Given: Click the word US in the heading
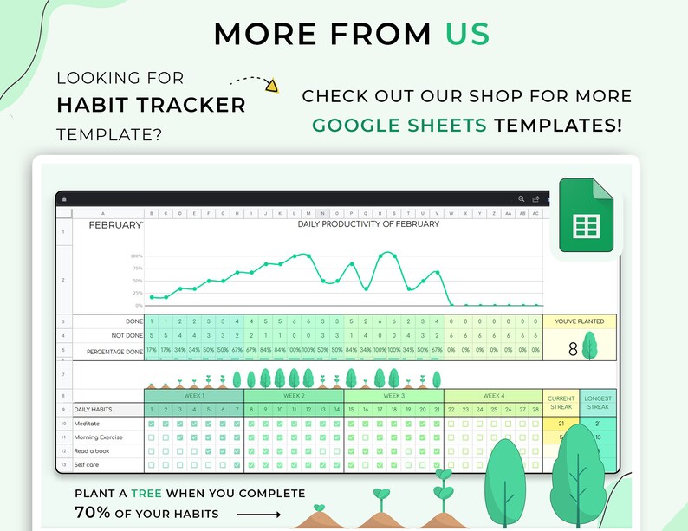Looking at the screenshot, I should [x=468, y=33].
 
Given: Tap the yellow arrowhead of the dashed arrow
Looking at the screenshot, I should [x=271, y=85].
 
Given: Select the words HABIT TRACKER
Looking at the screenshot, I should [x=152, y=106].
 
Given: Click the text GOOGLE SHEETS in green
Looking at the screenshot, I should [x=399, y=125].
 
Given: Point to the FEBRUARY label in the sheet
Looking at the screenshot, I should [x=116, y=224].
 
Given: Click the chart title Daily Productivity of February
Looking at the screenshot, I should [x=368, y=224].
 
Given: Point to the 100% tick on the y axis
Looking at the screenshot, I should [x=136, y=256].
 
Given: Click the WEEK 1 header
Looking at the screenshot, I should [x=194, y=396].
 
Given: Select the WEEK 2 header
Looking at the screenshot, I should [x=294, y=396].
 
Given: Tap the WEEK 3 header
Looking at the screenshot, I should [x=393, y=396].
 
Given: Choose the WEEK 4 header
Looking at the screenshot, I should [x=493, y=396].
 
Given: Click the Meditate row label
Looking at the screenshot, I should [x=88, y=424].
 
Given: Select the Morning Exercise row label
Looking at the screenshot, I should [x=99, y=437].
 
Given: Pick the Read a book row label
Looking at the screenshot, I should [x=93, y=451].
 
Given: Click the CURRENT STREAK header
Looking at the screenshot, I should [x=561, y=402].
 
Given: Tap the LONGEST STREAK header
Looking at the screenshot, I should [x=599, y=402].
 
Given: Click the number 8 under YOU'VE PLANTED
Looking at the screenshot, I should [x=572, y=350].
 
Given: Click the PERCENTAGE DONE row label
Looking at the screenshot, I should [x=114, y=352].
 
